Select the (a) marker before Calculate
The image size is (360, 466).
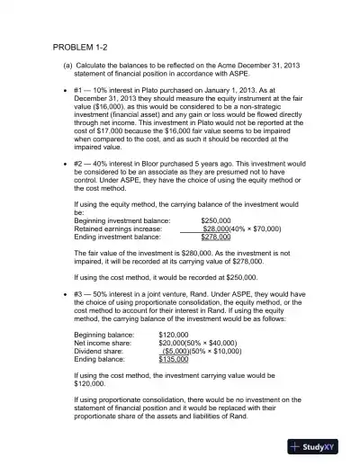click(x=67, y=67)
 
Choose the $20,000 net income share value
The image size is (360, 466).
click(x=171, y=343)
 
